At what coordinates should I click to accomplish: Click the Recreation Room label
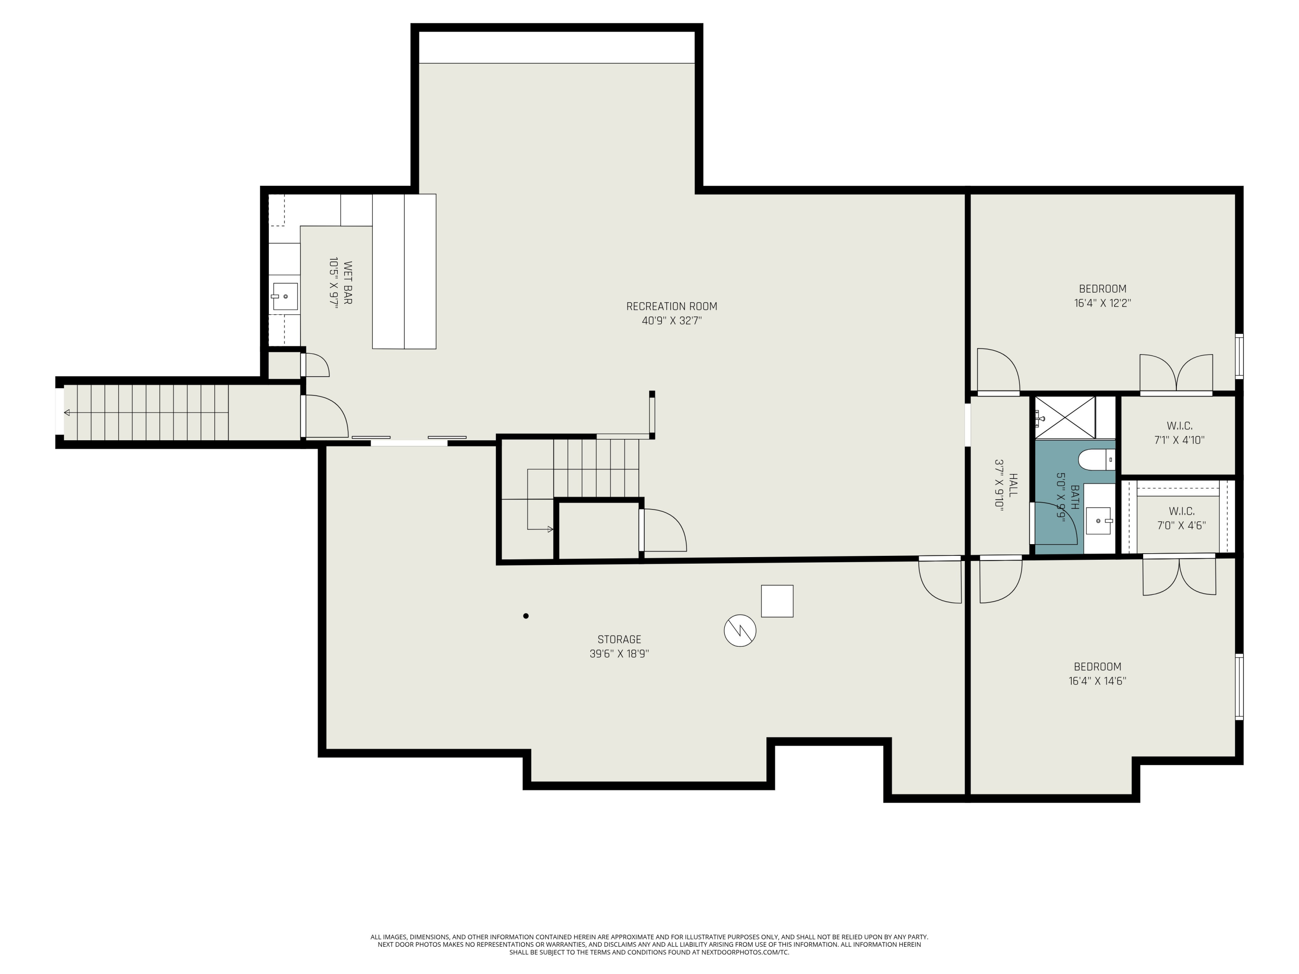(x=672, y=306)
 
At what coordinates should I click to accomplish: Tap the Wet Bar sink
(x=285, y=297)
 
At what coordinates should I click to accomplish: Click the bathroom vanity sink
(x=1098, y=521)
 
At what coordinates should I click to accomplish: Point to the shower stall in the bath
(x=1065, y=417)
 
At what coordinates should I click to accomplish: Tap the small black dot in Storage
(x=526, y=616)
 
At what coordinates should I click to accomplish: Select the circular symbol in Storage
(x=740, y=631)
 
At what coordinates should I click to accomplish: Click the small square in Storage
(x=777, y=601)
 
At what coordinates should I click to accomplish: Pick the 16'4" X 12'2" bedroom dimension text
(x=1103, y=303)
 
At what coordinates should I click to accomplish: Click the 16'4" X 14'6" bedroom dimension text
(x=1098, y=681)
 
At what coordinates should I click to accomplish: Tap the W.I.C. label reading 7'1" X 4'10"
(x=1179, y=433)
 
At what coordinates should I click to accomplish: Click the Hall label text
(x=1013, y=485)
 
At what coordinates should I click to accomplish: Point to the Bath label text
(x=1075, y=497)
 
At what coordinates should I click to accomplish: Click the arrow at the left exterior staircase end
(x=67, y=413)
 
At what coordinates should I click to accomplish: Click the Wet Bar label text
(x=348, y=283)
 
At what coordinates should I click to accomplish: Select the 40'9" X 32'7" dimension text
(x=672, y=321)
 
